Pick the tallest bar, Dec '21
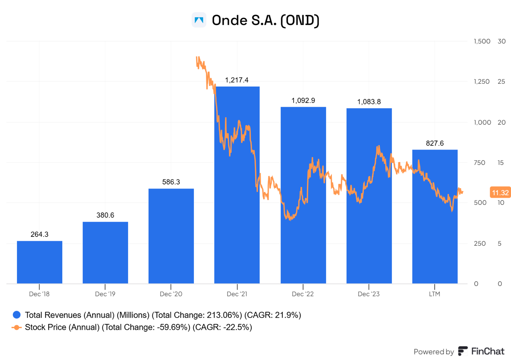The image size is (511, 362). tap(237, 221)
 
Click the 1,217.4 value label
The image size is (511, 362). tap(237, 80)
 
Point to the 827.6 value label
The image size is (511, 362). tap(435, 143)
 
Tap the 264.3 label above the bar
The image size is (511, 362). tap(39, 234)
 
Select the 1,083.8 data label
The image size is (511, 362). tap(369, 101)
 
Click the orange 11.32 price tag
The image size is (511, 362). tap(500, 193)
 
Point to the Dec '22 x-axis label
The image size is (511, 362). tap(303, 294)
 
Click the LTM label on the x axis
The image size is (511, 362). tap(435, 294)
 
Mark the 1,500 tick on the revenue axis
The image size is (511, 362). tap(482, 41)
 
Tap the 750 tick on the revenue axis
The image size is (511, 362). tap(479, 163)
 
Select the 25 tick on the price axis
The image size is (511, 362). tap(501, 82)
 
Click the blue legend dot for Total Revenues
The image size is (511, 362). tap(17, 315)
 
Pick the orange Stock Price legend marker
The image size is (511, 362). tap(17, 327)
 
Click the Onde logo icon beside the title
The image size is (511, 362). tap(199, 20)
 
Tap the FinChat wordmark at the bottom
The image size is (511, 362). tap(487, 351)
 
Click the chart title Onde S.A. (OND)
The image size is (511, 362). tap(265, 20)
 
